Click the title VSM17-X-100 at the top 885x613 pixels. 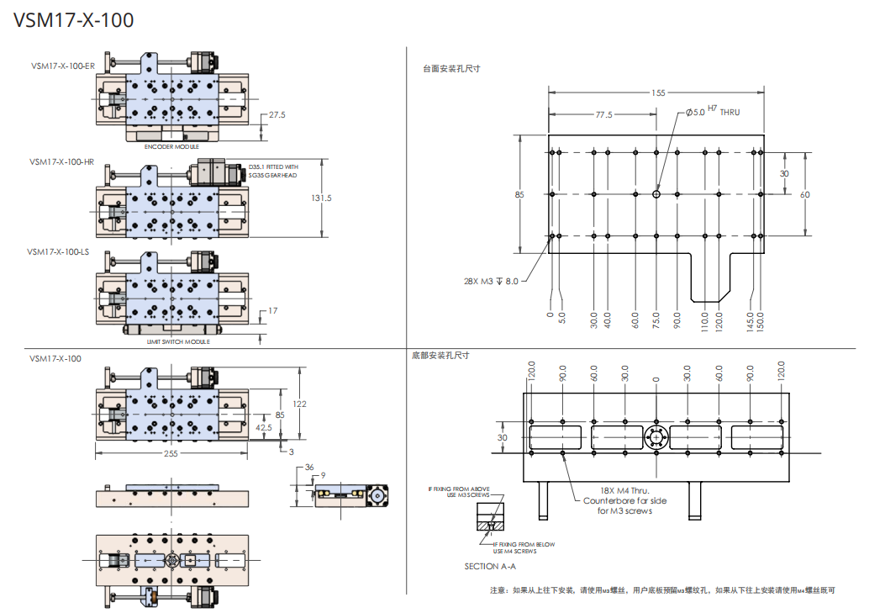pos(74,20)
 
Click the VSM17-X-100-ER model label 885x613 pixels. pos(61,66)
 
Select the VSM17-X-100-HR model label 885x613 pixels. pos(61,161)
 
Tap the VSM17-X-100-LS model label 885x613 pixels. pos(58,251)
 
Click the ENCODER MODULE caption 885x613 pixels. pos(171,147)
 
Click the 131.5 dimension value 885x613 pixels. pos(322,198)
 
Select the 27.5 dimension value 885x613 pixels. pos(277,114)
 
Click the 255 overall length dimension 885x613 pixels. pos(171,454)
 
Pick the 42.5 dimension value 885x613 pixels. pos(263,427)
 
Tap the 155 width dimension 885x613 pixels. pos(657,92)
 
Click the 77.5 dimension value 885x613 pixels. pos(603,115)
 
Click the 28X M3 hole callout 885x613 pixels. pos(491,282)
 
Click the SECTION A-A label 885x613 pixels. pos(489,566)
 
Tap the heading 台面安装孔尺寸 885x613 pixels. pos(451,68)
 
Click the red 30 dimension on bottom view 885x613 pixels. pos(503,438)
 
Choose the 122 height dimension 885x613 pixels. pos(299,404)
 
